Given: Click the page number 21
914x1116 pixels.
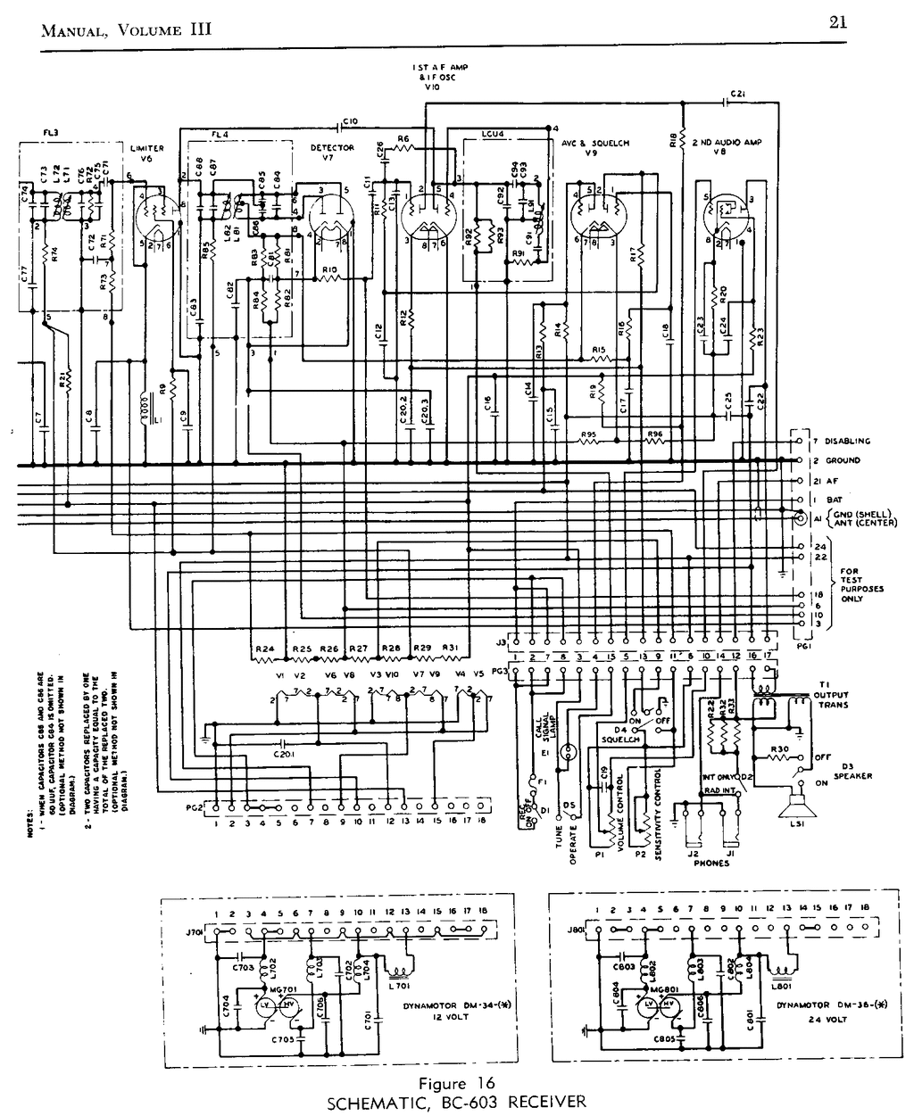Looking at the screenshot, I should (x=837, y=24).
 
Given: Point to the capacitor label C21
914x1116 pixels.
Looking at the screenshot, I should (x=737, y=93).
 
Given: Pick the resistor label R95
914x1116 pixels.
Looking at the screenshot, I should (x=588, y=434).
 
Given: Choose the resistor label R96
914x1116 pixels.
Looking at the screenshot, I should (x=656, y=434).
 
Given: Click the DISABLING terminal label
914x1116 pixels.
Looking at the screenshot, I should (x=847, y=441).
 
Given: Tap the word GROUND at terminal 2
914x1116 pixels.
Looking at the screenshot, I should (x=843, y=460).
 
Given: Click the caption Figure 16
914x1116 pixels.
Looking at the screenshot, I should (x=455, y=1084).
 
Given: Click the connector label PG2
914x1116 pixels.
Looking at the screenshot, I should (x=194, y=806).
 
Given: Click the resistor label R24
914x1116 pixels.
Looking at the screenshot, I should (x=264, y=648).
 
